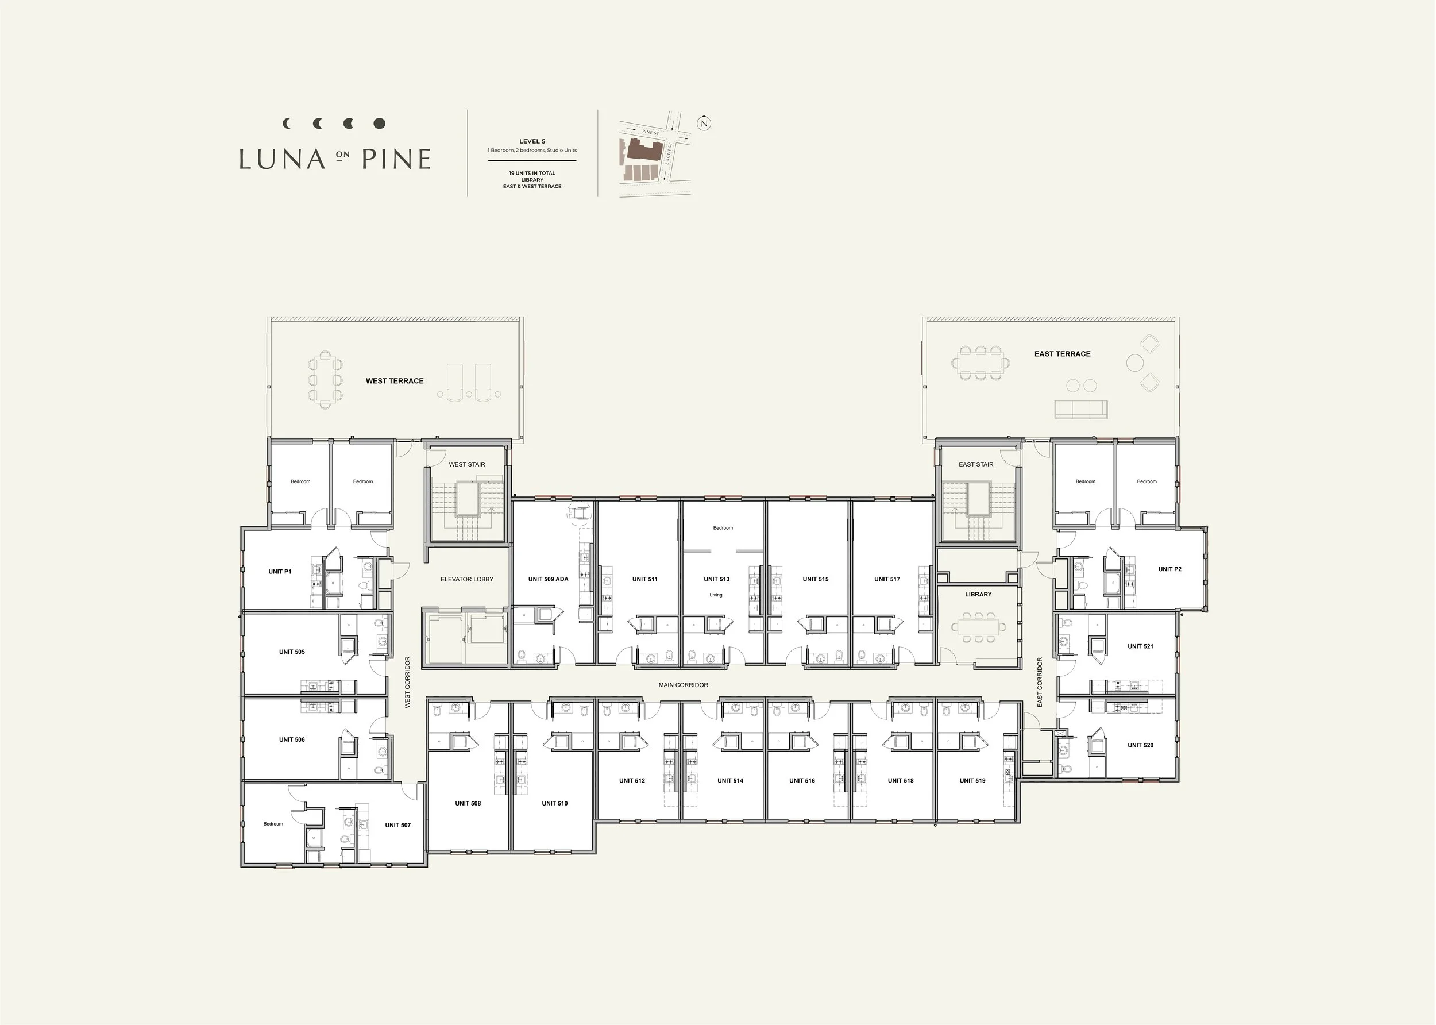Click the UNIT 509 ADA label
tap(549, 579)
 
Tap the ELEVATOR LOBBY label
tap(467, 579)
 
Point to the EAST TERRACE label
tap(1063, 354)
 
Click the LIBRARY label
tap(979, 595)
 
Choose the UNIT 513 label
tap(717, 579)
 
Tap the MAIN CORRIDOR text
tap(684, 685)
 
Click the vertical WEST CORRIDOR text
tap(408, 683)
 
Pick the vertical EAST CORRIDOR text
tap(1040, 683)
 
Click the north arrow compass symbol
tap(704, 123)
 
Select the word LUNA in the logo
tap(282, 159)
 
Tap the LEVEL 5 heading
tap(532, 141)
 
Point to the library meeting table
tap(979, 627)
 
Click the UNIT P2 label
tap(1169, 569)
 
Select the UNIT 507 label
tap(398, 825)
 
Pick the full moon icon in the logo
tap(379, 123)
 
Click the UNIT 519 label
tap(972, 781)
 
